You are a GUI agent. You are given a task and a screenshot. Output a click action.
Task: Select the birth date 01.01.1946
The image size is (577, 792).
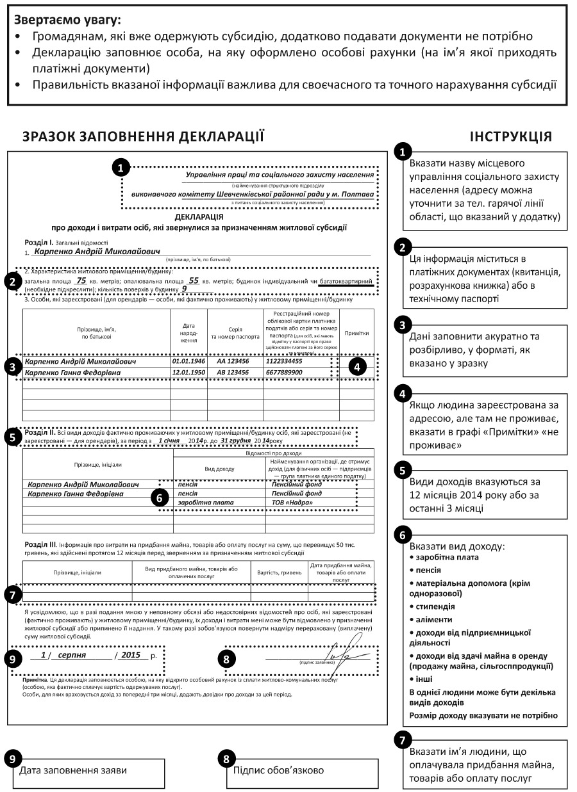(187, 361)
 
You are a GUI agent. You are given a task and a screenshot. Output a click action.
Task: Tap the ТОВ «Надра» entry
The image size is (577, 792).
(292, 503)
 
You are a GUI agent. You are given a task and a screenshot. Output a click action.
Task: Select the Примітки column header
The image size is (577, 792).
(356, 333)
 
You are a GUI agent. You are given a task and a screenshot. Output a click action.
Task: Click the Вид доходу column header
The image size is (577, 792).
(219, 469)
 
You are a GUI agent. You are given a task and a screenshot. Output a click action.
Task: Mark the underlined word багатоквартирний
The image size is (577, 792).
(346, 280)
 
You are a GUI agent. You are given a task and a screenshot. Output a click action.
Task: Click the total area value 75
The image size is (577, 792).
(81, 280)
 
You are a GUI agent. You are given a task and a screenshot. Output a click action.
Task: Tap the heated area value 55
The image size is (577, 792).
(194, 280)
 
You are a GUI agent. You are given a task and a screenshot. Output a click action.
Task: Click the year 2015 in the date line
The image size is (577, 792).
(130, 656)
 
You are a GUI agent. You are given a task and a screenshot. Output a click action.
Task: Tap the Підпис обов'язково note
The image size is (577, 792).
(278, 770)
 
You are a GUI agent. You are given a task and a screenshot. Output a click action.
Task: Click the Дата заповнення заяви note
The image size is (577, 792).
(73, 770)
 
